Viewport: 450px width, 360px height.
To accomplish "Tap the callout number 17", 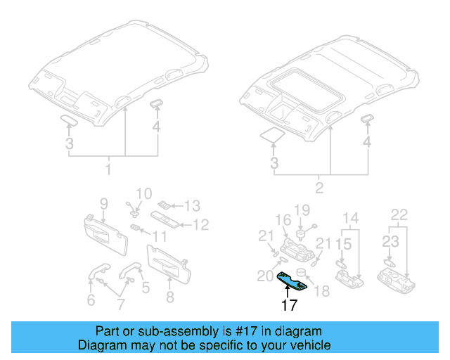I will click(290, 305).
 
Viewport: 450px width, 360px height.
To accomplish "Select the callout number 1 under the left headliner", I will click(108, 170).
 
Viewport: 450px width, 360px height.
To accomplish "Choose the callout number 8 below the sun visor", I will click(169, 297).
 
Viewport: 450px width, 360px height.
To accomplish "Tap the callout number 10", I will click(143, 193).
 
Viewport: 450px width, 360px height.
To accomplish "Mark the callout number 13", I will click(192, 206).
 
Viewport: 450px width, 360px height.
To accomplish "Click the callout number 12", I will click(201, 226).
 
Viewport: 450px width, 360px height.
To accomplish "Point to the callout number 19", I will click(302, 210).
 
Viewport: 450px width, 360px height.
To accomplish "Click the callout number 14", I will click(350, 217).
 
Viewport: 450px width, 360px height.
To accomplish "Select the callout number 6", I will click(91, 301).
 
